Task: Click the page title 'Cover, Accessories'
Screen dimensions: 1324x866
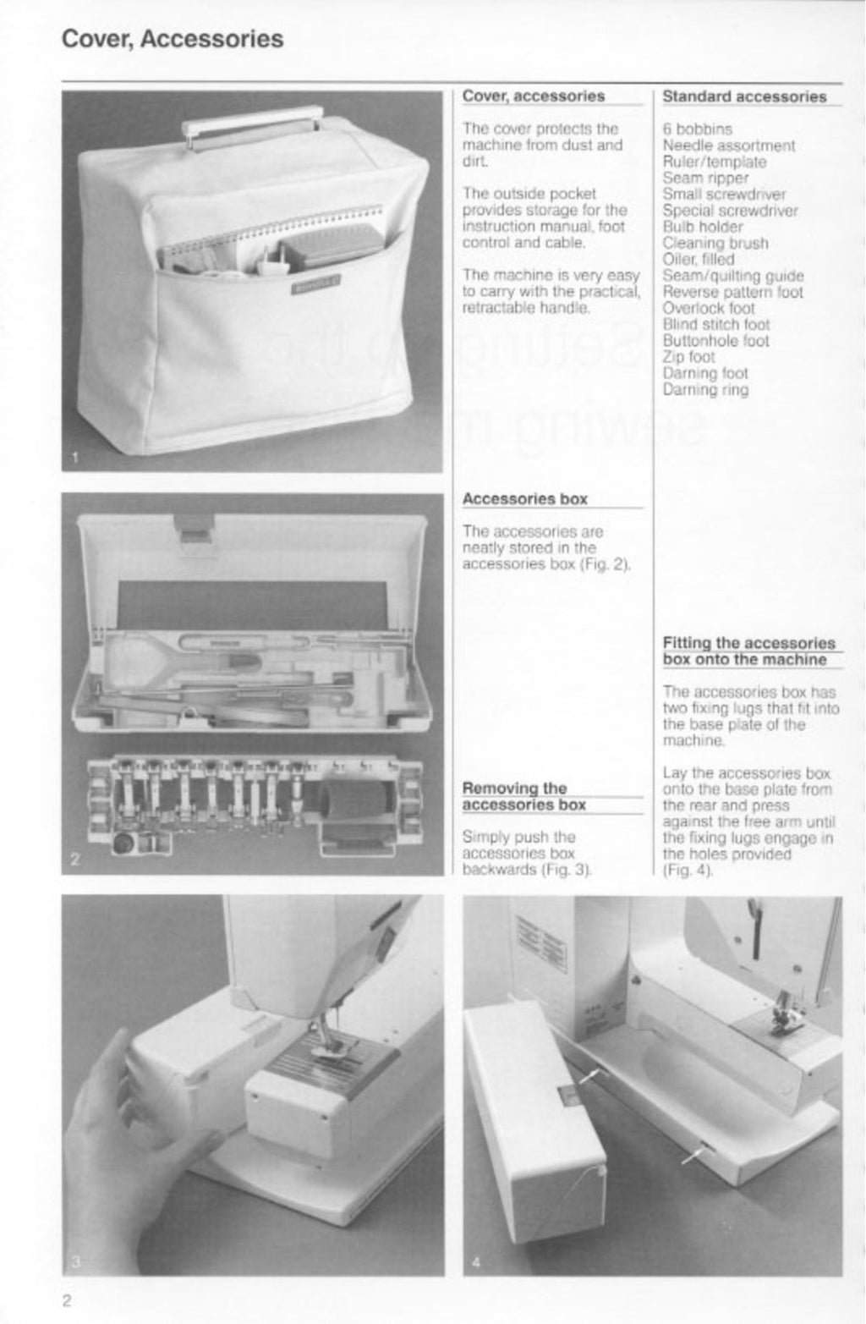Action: point(173,39)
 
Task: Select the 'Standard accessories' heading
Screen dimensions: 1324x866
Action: point(744,96)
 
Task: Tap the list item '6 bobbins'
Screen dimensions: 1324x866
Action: point(697,129)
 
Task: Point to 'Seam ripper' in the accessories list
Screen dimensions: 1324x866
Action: point(705,178)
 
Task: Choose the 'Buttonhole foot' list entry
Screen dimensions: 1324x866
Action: point(715,341)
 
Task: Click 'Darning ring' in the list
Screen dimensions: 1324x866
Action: point(705,390)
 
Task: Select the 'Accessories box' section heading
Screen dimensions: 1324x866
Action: point(524,499)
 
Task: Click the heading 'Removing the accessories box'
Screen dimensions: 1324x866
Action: point(524,796)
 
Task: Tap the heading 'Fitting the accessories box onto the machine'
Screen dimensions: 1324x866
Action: point(748,651)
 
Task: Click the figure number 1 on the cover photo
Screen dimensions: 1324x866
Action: point(74,459)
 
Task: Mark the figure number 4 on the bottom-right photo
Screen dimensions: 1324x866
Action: point(476,1263)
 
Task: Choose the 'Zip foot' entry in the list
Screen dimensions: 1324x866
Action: point(688,357)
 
